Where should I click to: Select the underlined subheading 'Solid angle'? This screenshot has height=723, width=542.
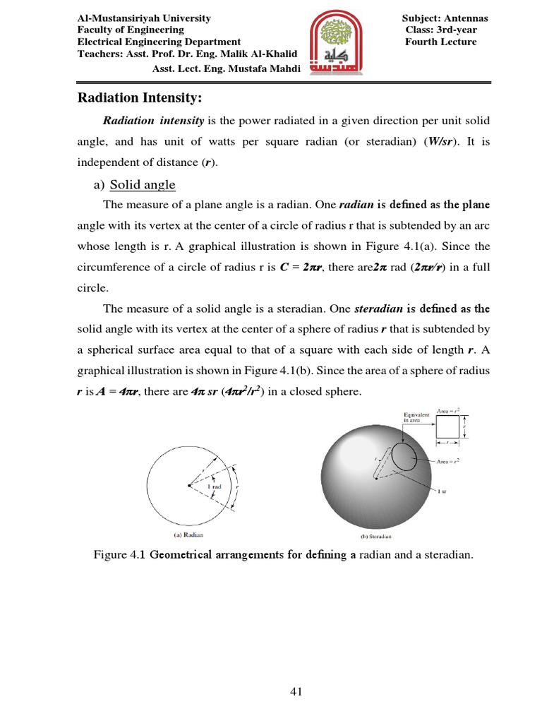point(143,185)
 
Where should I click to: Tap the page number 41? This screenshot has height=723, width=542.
point(296,692)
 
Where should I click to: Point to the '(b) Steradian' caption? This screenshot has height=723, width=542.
point(378,536)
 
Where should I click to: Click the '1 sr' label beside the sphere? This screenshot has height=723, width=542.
point(443,491)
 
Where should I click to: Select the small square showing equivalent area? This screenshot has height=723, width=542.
point(447,426)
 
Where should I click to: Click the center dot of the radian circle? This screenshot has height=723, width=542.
point(188,486)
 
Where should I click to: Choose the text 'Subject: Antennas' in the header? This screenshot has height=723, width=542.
point(445,18)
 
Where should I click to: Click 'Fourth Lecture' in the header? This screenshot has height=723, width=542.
point(440,42)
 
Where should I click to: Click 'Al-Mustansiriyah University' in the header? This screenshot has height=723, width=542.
point(143,18)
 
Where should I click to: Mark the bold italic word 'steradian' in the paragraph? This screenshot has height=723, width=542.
point(379,309)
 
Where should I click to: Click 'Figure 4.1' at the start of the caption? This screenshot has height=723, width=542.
point(116,555)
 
